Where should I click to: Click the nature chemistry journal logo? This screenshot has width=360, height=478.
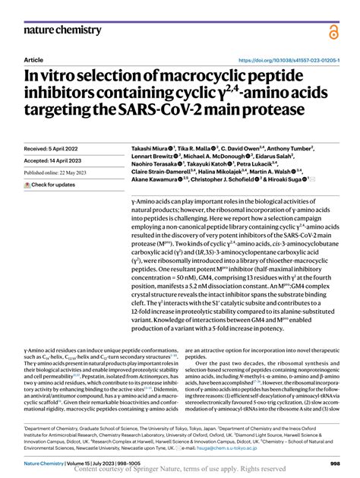[x=62, y=30]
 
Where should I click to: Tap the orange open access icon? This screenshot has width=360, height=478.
[x=333, y=31]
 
